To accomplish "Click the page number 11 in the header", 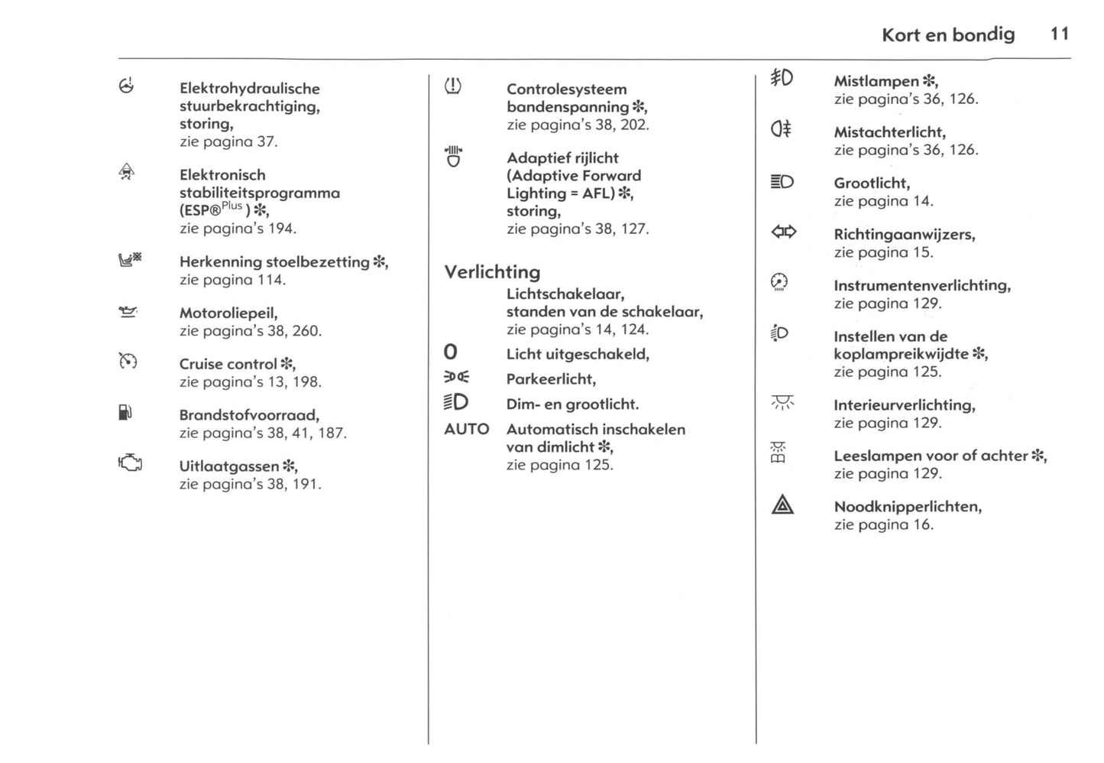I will [1059, 34].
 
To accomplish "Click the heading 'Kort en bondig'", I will [947, 34].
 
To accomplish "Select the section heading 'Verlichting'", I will [492, 272].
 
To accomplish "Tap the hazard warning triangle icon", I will [782, 505].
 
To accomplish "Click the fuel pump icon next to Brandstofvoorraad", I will [126, 414].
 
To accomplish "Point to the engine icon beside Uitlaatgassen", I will [130, 463].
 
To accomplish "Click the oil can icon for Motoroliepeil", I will [128, 311].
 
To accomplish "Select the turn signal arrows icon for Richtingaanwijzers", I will [783, 232].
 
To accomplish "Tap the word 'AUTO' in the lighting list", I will [466, 429].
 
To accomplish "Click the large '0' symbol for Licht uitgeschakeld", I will [451, 352].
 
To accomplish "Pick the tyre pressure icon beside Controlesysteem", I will [453, 86].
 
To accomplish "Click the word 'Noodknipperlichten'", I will [907, 506].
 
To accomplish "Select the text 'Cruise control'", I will [228, 364].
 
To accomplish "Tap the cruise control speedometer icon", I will [128, 361].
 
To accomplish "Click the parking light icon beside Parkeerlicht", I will [456, 377].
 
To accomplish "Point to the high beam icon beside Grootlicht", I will [782, 181].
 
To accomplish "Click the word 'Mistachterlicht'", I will [889, 132].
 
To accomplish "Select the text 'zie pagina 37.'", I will [228, 141].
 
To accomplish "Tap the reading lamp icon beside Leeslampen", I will [779, 453].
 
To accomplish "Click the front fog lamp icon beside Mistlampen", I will [782, 77].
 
